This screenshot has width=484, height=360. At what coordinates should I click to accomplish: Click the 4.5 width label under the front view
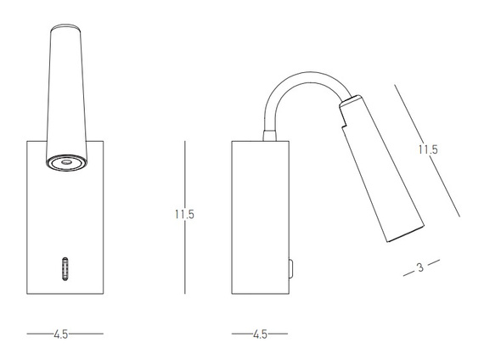point(61,334)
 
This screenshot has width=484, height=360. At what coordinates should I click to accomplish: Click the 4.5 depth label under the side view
point(260,334)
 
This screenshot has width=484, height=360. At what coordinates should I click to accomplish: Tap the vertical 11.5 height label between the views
point(184,214)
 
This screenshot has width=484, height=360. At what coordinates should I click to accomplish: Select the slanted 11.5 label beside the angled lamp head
point(428,149)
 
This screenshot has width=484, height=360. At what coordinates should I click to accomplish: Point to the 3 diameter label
point(420,267)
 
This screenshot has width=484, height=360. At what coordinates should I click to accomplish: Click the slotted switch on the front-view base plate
point(65,268)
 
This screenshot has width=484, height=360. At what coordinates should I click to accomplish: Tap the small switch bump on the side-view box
point(290,268)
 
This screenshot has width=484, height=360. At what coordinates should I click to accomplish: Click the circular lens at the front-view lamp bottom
point(66,162)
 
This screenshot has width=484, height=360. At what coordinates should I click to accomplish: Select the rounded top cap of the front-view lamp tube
point(66,27)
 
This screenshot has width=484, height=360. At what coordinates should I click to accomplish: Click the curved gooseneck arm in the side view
point(302,78)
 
